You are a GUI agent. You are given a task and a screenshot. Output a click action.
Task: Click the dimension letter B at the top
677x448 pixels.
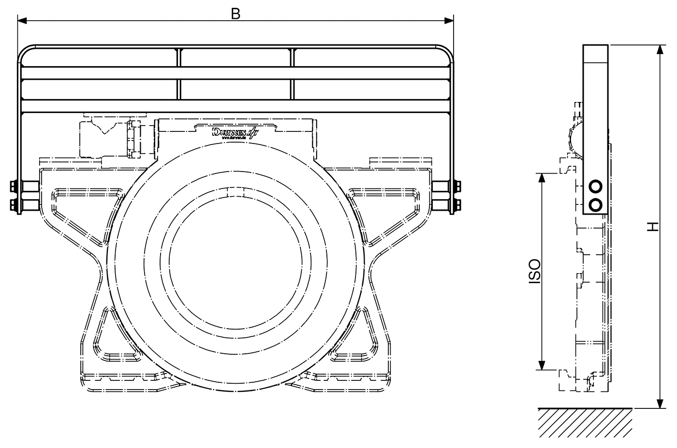pos(235,14)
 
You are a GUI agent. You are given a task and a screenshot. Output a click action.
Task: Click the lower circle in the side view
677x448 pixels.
pos(596,205)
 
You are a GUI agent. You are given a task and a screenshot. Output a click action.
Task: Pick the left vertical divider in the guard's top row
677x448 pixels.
pos(179,58)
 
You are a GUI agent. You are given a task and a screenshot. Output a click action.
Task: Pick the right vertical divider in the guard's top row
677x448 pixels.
pos(292,58)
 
